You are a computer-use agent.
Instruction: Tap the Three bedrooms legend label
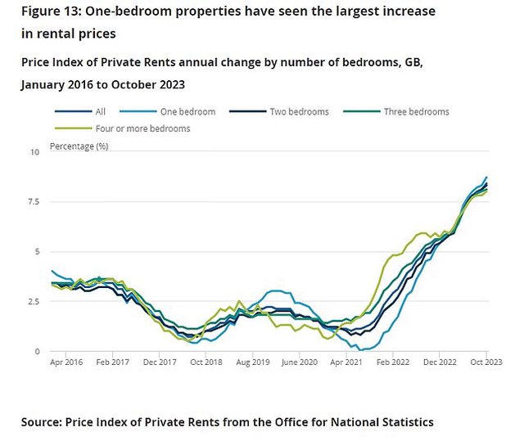click(x=416, y=112)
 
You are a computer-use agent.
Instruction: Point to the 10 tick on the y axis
click(x=34, y=152)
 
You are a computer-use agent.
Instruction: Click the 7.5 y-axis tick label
click(x=32, y=202)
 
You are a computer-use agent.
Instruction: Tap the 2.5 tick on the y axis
click(x=32, y=302)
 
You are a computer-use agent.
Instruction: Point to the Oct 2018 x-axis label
click(x=206, y=362)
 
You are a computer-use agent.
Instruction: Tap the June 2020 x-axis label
click(x=300, y=362)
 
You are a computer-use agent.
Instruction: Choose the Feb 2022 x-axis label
click(x=394, y=362)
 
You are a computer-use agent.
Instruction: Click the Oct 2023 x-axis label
click(x=486, y=362)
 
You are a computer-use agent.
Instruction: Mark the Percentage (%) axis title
click(x=79, y=146)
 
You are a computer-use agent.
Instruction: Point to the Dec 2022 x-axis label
click(x=440, y=362)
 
